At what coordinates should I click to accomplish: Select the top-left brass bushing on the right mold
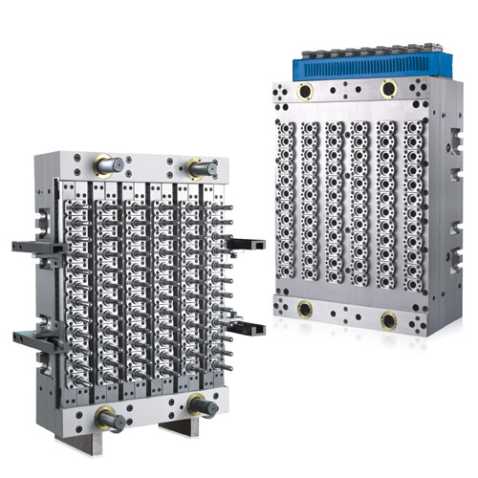[x=307, y=92]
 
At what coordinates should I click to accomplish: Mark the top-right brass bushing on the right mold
[x=389, y=89]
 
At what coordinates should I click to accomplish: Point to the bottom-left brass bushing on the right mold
[x=307, y=310]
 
